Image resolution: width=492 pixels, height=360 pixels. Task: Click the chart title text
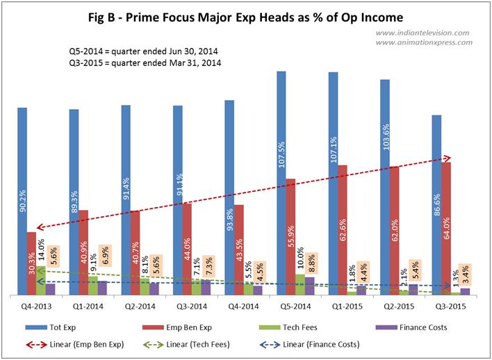tap(246, 16)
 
